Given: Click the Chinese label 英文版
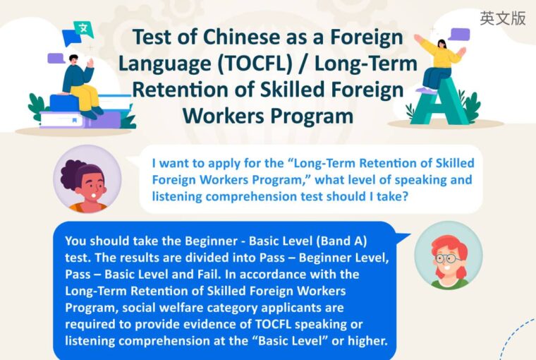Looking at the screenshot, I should (502, 19).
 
